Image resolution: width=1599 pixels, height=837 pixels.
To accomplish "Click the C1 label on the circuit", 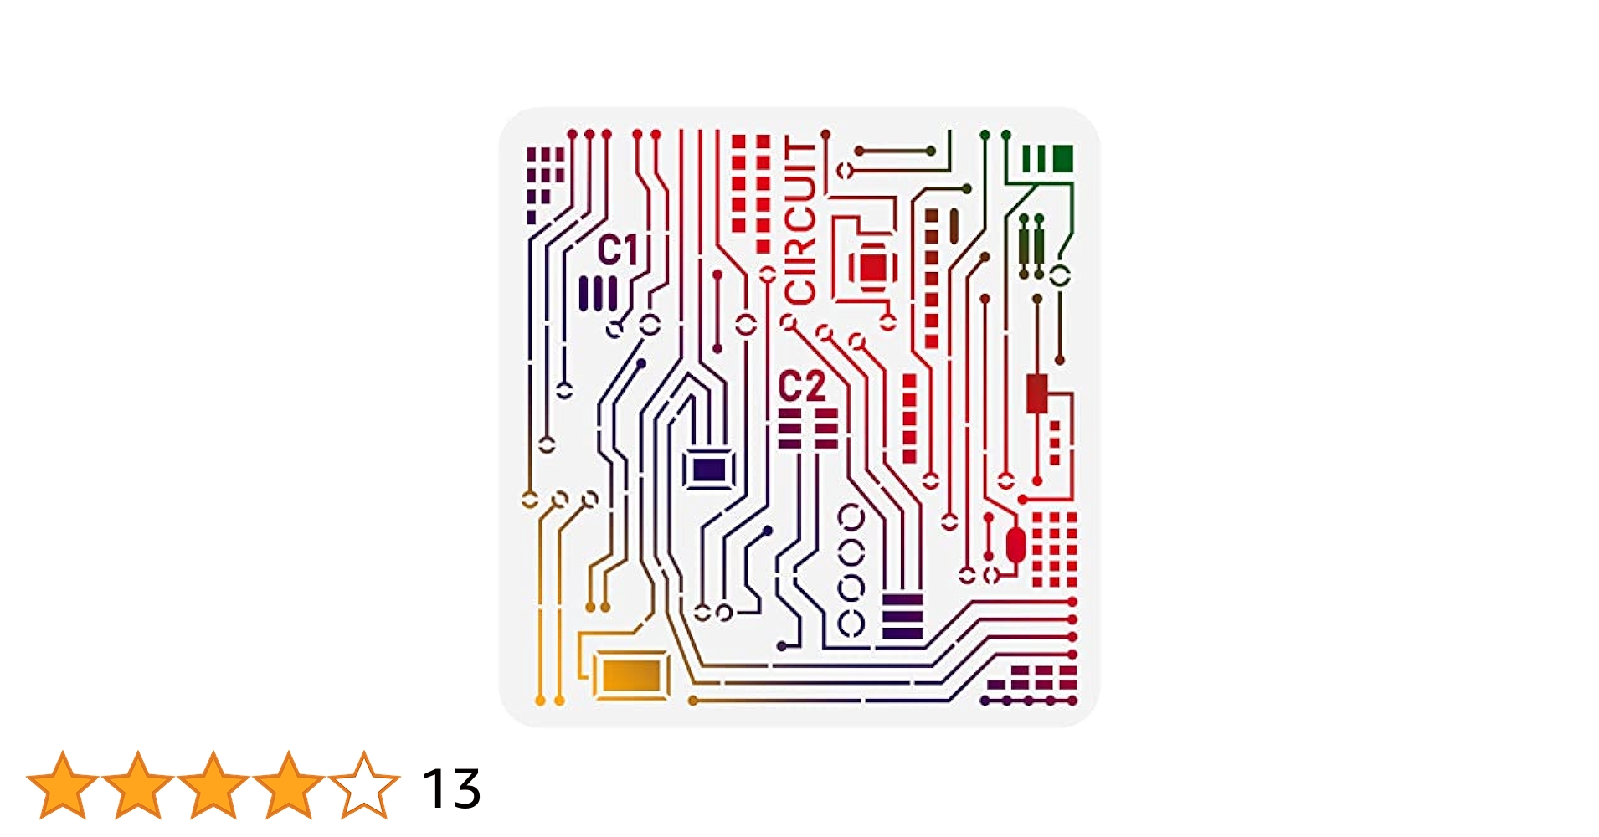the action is pos(618,250).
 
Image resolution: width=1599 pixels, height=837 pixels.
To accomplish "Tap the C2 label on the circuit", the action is pos(801,387).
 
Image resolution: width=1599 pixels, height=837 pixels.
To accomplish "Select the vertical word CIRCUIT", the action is pos(800,222).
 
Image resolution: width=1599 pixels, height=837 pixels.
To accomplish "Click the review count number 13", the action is pos(451,788).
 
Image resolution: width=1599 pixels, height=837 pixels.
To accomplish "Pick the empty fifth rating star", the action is pos(364,785).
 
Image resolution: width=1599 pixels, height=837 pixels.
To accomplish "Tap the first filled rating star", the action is pos(63,785).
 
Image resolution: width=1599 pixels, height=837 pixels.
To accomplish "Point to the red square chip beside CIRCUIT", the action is pos(872,268).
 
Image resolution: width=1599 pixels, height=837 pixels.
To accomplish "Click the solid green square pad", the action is pos(1062,158).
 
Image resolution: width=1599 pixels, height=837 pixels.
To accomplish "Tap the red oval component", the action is pos(1015,546).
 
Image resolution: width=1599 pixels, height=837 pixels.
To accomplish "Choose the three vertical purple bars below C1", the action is pos(598,294).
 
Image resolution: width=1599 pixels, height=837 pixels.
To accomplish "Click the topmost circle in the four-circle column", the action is pos(851,517).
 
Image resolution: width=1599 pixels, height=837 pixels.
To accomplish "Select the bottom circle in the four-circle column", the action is pos(851,623).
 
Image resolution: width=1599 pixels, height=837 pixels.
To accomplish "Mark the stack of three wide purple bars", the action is pos(902,617).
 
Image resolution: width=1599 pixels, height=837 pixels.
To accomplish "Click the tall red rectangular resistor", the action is pos(1037,393).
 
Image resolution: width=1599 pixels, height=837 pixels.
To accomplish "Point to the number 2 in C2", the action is pos(814,387).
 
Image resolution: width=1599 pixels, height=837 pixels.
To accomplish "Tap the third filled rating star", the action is pos(213,785).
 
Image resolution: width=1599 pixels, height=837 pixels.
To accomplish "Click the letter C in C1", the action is pos(609,250).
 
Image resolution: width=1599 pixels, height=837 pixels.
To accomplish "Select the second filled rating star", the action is pos(138,785).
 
